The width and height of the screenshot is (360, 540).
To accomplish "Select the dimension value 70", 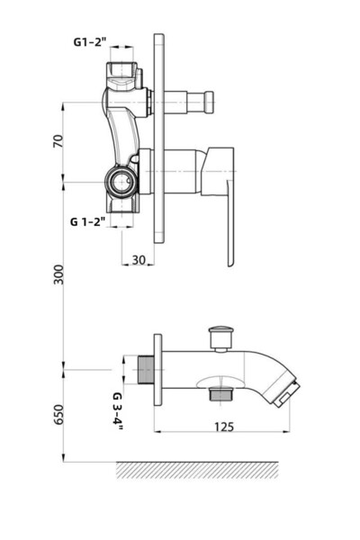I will tap(59, 142).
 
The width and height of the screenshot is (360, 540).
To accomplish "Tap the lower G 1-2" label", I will tap(88, 220).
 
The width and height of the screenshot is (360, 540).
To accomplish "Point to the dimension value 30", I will tap(138, 258).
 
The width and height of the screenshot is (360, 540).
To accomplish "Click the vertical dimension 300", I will tap(59, 274).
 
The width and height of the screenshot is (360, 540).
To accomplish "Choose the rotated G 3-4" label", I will tap(117, 409).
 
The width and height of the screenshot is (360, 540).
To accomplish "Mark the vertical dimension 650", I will tap(59, 413).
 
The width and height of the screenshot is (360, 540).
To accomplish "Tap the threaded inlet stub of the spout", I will tap(140, 369).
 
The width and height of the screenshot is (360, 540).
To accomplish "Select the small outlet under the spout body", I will tap(217, 393).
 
